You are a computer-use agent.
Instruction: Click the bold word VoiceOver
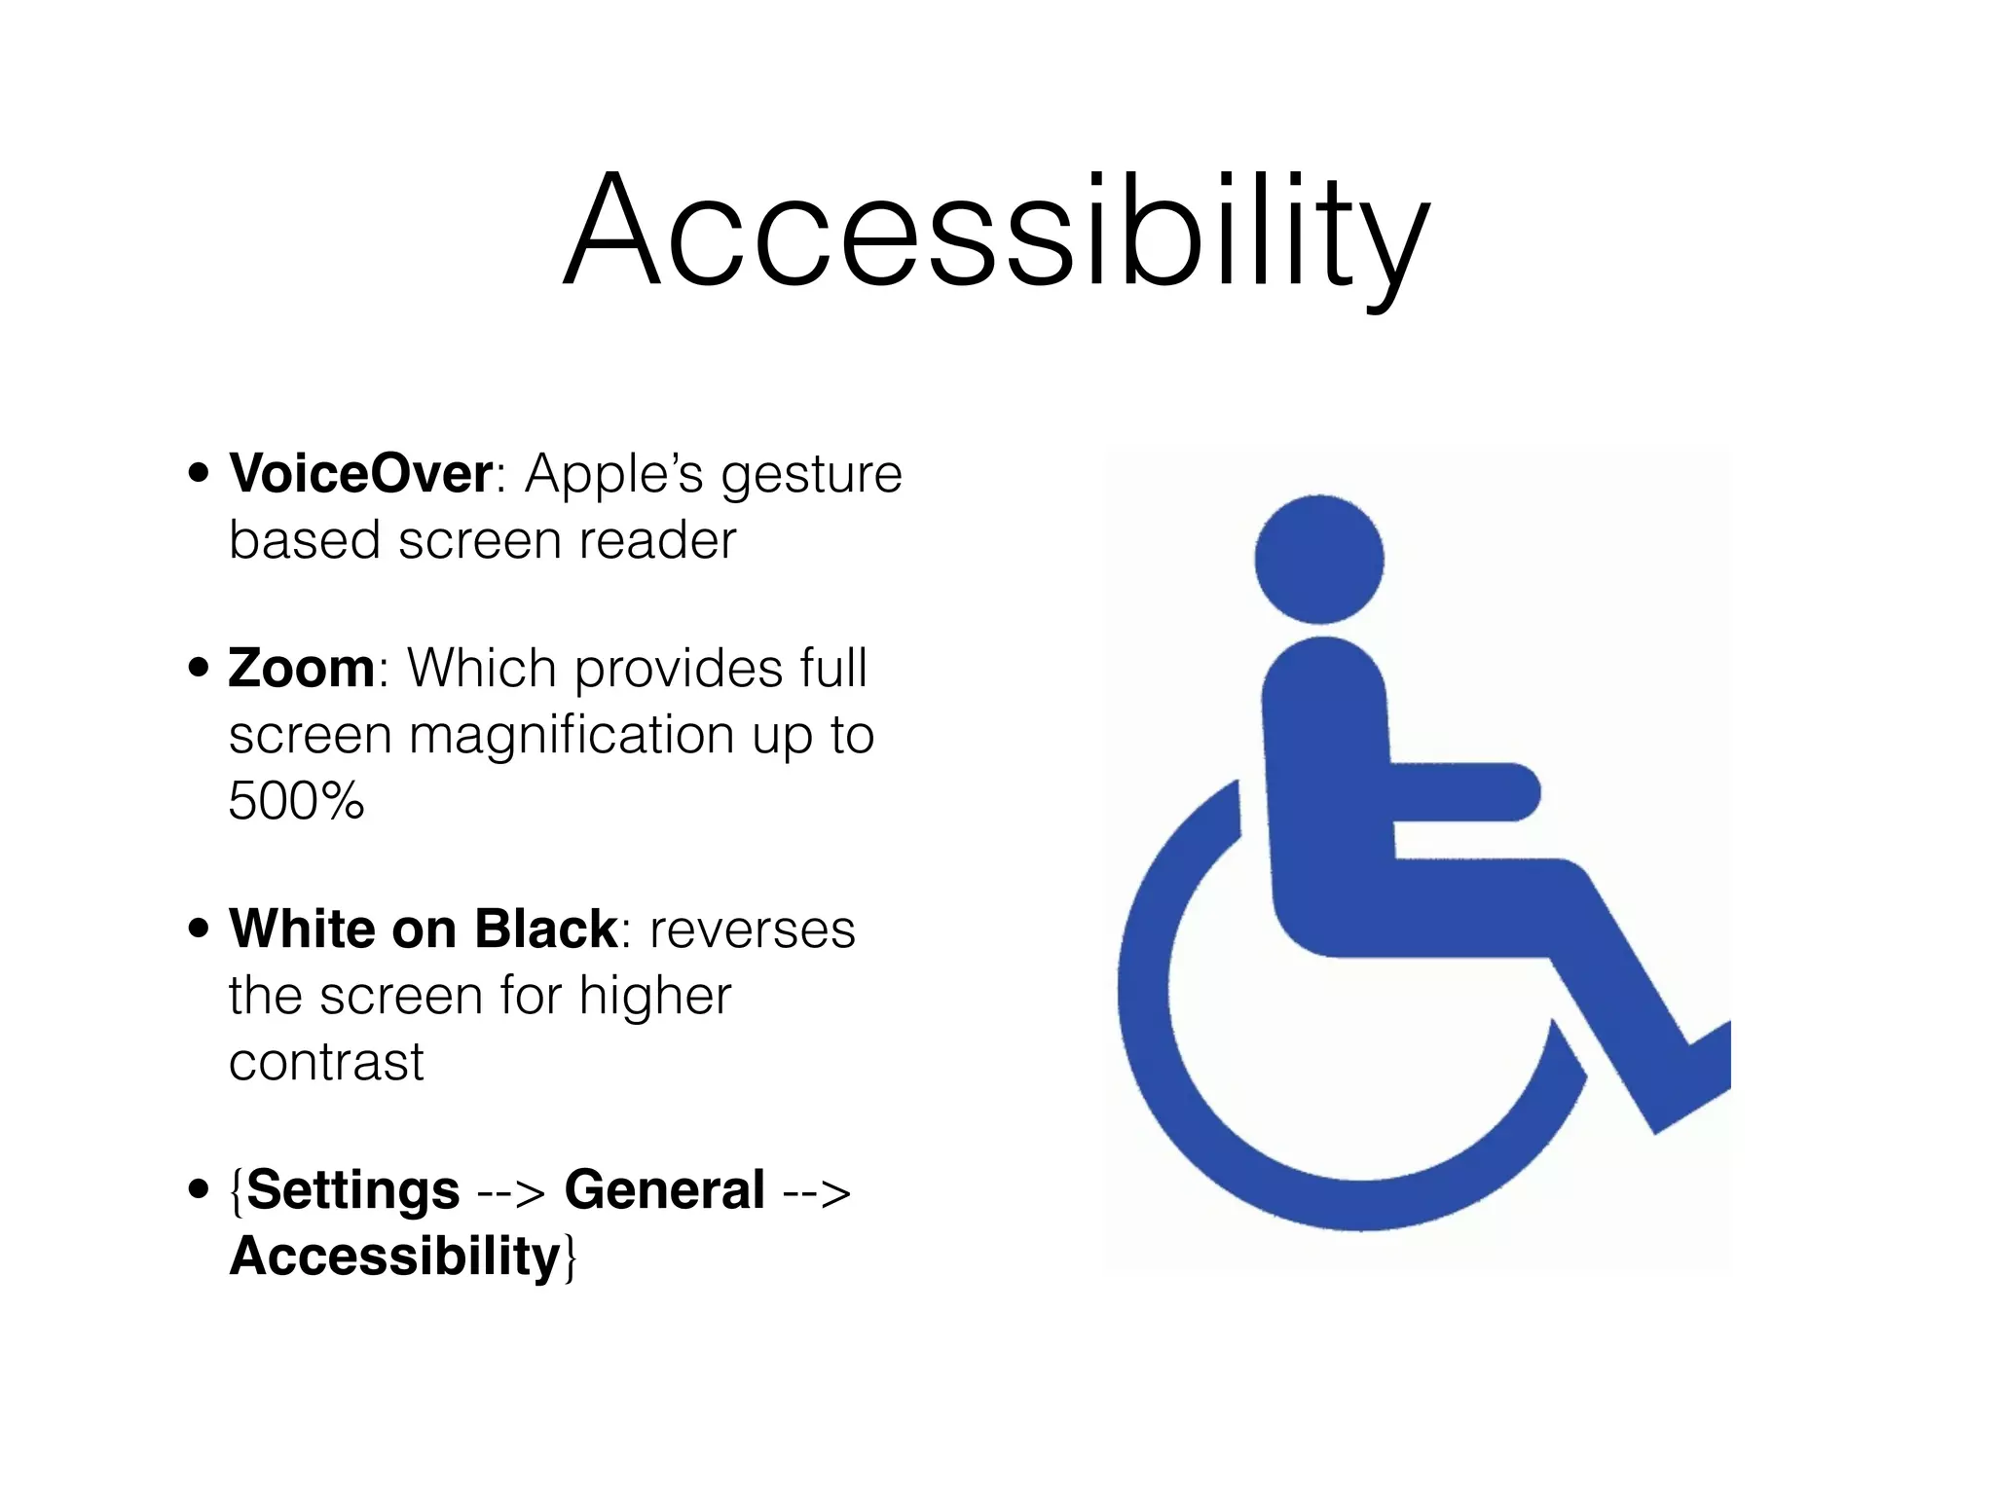(x=360, y=474)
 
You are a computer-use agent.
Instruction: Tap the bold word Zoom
(x=302, y=669)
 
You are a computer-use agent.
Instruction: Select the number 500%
(x=296, y=801)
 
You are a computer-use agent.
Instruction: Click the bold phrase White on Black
(x=424, y=929)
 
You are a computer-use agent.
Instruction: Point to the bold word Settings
(x=352, y=1189)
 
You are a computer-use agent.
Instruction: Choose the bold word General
(x=664, y=1189)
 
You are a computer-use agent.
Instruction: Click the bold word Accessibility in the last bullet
(x=394, y=1256)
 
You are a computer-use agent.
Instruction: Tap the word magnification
(x=571, y=735)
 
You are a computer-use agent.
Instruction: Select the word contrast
(x=326, y=1061)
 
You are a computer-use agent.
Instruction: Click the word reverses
(x=752, y=930)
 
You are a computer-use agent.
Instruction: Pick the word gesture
(x=811, y=476)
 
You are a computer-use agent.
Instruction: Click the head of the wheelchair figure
(x=1318, y=560)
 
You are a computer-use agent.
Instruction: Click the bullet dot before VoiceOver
(x=199, y=474)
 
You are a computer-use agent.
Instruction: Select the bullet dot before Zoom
(x=199, y=669)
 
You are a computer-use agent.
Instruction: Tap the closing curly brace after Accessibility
(x=571, y=1258)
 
